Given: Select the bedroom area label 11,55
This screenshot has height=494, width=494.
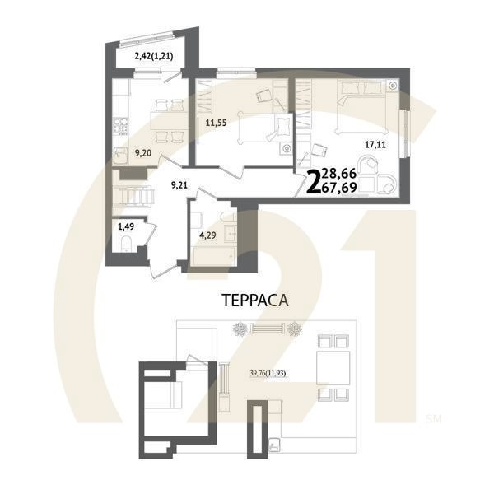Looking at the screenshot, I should (x=216, y=126).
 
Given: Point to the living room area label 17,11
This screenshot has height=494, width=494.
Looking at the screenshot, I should (x=375, y=145).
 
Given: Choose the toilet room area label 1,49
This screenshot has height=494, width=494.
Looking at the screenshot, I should (x=125, y=225).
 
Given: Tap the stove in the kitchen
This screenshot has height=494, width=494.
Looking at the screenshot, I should (x=120, y=127).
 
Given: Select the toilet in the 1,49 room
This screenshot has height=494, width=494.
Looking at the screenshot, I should (x=127, y=241).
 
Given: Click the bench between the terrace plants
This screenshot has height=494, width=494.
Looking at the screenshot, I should (x=269, y=329).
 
